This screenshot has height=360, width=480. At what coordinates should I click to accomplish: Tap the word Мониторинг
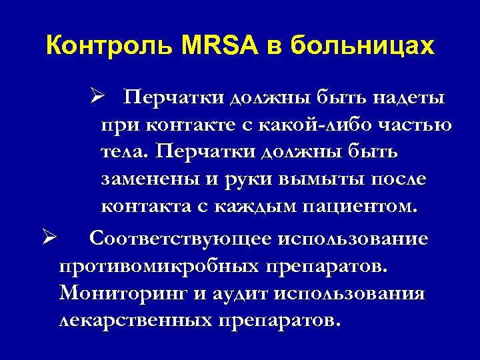[129, 294]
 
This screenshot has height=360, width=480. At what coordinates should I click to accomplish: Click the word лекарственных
[133, 321]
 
